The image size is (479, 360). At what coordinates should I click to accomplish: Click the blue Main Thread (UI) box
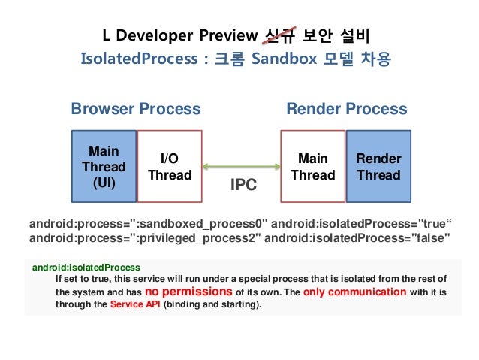[x=104, y=166]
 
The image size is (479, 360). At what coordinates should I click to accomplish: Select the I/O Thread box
[x=170, y=166]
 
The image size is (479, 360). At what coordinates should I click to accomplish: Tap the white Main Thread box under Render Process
[x=312, y=166]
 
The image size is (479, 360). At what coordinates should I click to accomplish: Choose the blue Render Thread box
[x=378, y=166]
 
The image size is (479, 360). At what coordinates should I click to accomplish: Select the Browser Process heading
[x=136, y=109]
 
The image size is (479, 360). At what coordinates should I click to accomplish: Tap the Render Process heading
[x=347, y=109]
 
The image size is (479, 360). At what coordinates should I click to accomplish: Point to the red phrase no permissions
[x=188, y=292]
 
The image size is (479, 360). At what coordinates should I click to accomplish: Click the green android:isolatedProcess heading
[x=86, y=267]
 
